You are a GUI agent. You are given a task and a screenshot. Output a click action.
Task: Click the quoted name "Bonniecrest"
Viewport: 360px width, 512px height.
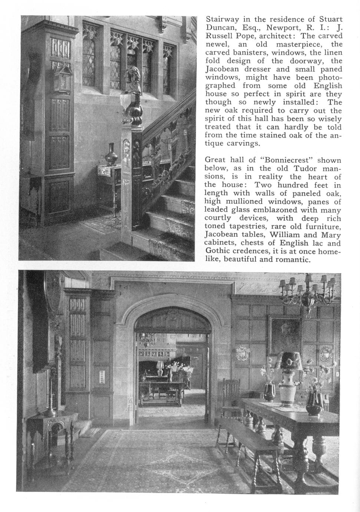[x=287, y=160]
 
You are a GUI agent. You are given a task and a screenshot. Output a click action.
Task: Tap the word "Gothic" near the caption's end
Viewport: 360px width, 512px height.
[x=218, y=252]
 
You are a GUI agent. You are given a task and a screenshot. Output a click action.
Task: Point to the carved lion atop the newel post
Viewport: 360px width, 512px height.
[x=133, y=80]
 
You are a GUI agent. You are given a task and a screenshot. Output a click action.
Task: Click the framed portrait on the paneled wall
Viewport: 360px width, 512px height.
[x=285, y=335]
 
